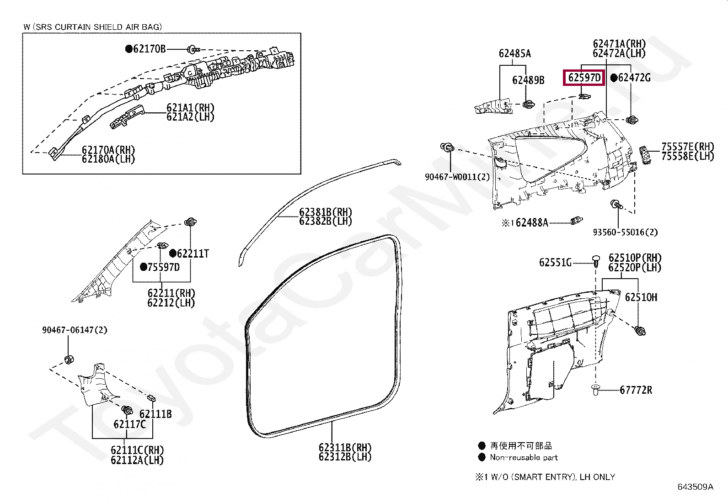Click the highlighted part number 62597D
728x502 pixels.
point(583,78)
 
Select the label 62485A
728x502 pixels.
point(514,54)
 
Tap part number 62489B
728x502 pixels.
point(528,80)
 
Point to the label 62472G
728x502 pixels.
point(634,78)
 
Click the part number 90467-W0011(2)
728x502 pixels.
point(457,177)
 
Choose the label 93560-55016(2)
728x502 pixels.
point(625,233)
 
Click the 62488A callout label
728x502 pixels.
point(531,223)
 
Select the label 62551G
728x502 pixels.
point(555,263)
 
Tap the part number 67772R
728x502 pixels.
point(636,390)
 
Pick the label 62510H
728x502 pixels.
point(641,297)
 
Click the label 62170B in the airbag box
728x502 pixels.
point(149,49)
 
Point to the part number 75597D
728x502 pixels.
point(163,267)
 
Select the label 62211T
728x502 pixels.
point(193,254)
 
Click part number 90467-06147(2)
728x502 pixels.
point(75,330)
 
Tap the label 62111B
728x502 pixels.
point(155,414)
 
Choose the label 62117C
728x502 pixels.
point(129,424)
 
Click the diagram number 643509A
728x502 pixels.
point(695,487)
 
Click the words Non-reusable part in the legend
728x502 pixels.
point(524,457)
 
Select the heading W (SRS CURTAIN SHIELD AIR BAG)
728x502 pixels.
point(92,27)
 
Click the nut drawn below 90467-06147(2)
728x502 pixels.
point(70,359)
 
